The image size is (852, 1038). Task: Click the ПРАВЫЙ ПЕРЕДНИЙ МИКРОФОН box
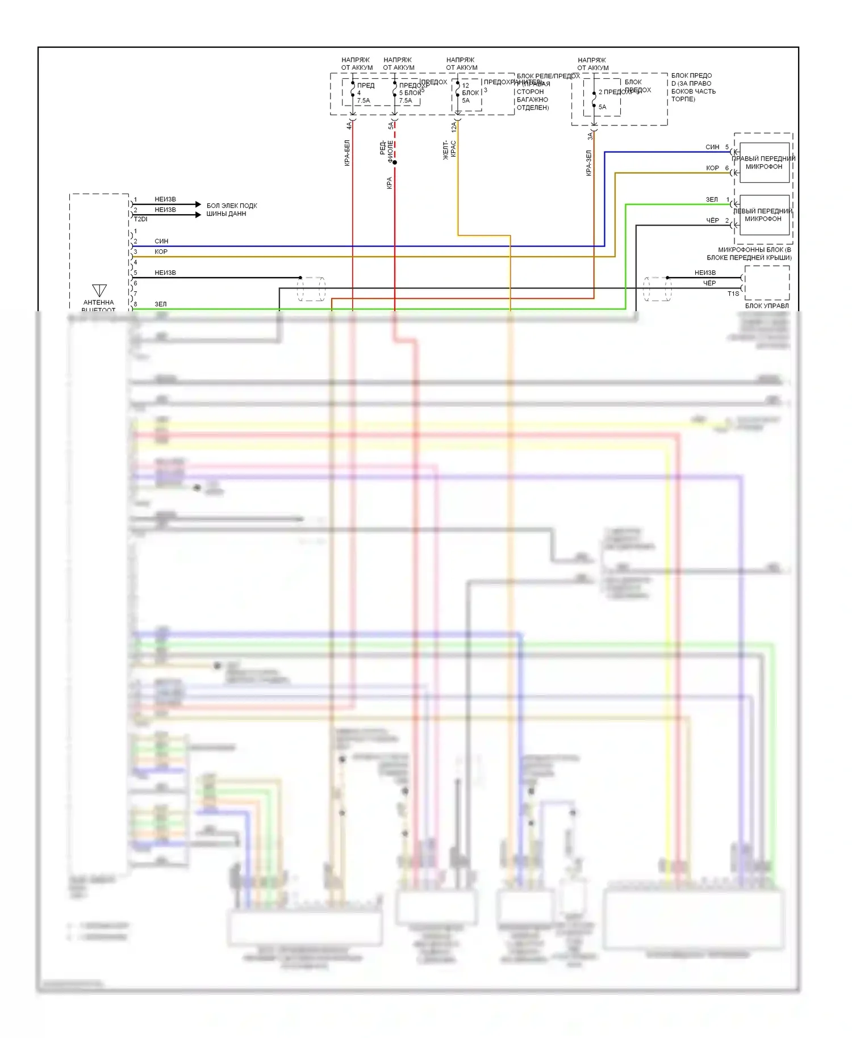click(763, 162)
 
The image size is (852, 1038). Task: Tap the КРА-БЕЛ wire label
click(347, 153)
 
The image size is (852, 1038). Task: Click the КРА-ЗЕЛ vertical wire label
click(589, 163)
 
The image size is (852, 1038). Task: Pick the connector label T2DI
click(140, 219)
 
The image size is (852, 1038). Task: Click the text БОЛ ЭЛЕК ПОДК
click(232, 206)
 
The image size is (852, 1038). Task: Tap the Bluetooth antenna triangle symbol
click(99, 290)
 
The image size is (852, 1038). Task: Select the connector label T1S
click(733, 294)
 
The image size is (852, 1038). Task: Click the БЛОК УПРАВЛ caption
click(767, 305)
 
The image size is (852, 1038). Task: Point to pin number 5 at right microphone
click(727, 147)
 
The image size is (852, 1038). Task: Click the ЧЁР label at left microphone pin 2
click(712, 220)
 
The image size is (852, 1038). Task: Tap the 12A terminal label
click(454, 127)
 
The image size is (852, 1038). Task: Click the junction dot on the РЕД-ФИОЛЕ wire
click(395, 162)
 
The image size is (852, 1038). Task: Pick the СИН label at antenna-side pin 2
click(161, 241)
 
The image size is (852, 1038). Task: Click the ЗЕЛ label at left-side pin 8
click(161, 304)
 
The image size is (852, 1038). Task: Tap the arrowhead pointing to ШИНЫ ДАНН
click(198, 215)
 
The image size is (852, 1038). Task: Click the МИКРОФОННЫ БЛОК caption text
click(754, 250)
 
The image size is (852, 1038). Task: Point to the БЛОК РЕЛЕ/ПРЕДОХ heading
click(548, 76)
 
